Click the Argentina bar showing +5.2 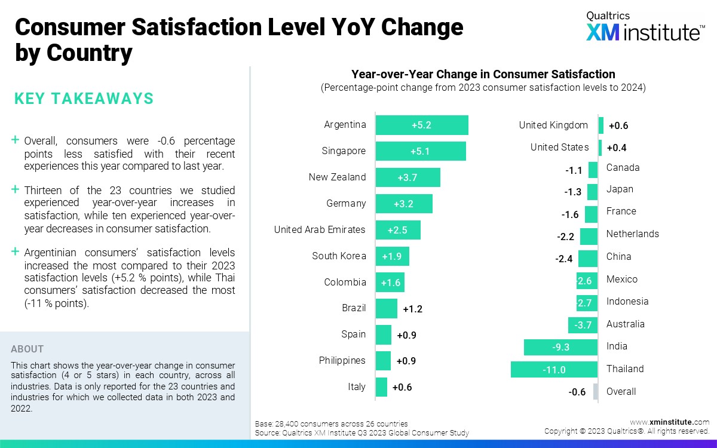[422, 125]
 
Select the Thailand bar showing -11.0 [554, 370]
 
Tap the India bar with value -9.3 [560, 347]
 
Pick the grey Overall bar [595, 392]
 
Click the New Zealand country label [337, 177]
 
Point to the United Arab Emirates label [320, 230]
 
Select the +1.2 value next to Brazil [413, 309]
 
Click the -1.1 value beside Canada [574, 170]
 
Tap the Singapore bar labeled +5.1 [421, 151]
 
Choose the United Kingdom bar [601, 125]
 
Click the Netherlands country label [632, 234]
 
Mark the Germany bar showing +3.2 [404, 204]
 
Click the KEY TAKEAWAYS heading [84, 99]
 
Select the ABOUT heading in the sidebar [27, 349]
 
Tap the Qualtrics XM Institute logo [644, 26]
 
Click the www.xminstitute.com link [670, 422]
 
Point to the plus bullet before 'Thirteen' [16, 189]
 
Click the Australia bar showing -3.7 [583, 325]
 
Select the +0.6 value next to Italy [402, 388]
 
